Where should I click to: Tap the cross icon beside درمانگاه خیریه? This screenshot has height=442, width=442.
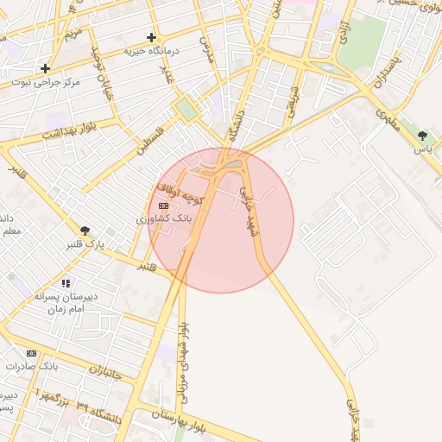coord(152,37)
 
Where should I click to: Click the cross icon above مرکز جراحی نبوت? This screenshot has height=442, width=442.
coord(45,68)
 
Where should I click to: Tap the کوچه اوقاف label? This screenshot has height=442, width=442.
coord(179,188)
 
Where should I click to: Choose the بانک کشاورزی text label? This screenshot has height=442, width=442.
coord(164,219)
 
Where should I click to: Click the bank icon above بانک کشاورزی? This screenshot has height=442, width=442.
coord(164,205)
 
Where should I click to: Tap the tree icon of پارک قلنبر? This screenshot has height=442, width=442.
coord(85,230)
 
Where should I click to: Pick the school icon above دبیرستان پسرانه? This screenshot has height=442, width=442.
coord(66,283)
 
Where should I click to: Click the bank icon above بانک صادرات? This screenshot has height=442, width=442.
coord(32,353)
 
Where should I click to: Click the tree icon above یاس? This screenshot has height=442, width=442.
coord(422,136)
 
